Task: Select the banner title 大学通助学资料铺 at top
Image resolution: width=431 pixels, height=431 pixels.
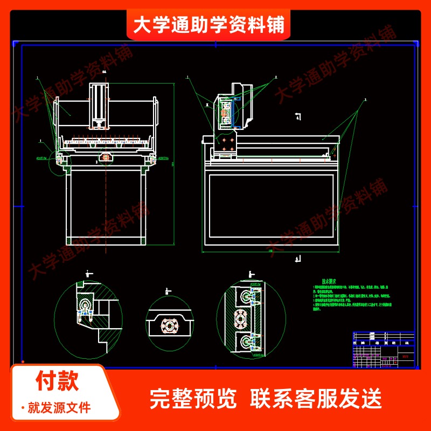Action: pyautogui.click(x=208, y=25)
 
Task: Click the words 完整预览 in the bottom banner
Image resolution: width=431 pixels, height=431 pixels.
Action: pyautogui.click(x=193, y=399)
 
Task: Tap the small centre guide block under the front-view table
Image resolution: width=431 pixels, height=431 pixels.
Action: pyautogui.click(x=106, y=158)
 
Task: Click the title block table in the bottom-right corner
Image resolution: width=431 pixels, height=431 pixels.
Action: pyautogui.click(x=383, y=349)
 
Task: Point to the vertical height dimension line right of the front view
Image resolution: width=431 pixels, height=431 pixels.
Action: pyautogui.click(x=173, y=162)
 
